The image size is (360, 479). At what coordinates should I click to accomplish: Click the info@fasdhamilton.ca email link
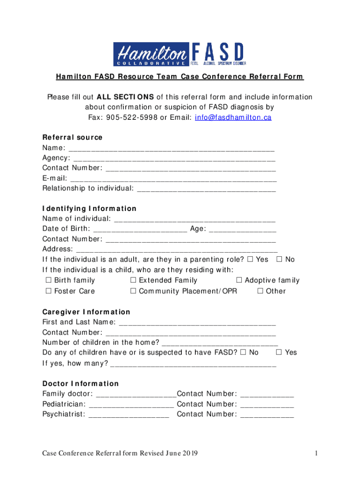(232, 117)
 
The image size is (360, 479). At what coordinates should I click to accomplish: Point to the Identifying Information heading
(89, 209)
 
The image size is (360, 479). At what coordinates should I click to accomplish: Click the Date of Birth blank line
(140, 229)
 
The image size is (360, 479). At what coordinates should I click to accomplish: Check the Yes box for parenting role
(250, 260)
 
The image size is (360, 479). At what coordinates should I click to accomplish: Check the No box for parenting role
(280, 260)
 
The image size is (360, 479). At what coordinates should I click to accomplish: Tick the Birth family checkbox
(48, 281)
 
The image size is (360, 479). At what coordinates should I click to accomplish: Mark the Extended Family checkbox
(133, 281)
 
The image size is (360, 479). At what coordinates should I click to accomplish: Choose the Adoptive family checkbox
(239, 281)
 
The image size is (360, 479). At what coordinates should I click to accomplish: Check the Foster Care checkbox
(48, 291)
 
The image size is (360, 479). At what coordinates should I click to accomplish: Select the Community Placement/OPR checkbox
(133, 291)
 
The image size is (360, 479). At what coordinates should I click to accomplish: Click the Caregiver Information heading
(86, 312)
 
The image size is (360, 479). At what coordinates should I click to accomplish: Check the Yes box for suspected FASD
(279, 352)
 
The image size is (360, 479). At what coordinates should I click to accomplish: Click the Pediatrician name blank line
(131, 405)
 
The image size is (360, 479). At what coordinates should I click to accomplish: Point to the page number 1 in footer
(317, 453)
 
